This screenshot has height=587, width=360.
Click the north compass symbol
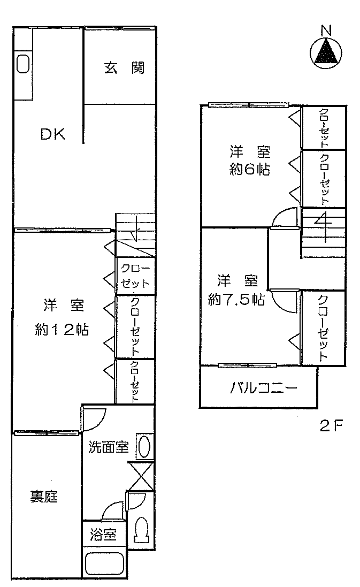click(x=326, y=53)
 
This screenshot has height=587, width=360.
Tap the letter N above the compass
click(x=326, y=31)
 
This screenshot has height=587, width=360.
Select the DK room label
click(x=53, y=134)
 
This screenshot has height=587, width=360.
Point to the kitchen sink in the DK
click(x=24, y=64)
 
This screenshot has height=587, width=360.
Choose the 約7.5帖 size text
click(x=236, y=300)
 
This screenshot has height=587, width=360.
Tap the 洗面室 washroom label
click(x=109, y=447)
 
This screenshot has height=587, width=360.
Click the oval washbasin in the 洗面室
click(x=144, y=446)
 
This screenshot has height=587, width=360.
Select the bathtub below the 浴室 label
click(x=105, y=563)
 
